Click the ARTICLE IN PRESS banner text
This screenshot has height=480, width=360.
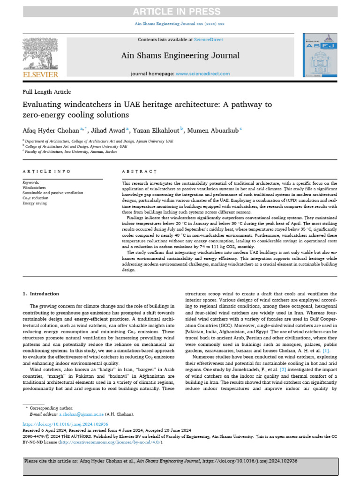[x=180, y=12]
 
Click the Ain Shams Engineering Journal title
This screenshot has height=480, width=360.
[x=180, y=56]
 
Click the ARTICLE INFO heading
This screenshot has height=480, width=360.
[x=47, y=172]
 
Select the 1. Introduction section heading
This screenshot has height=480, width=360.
[x=41, y=294]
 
